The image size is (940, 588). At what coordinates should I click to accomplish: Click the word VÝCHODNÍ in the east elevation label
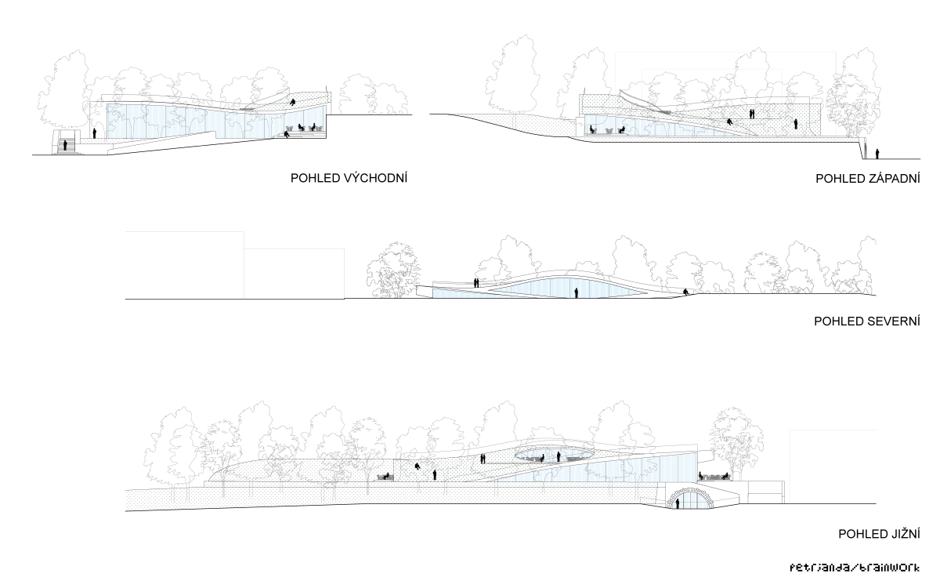point(375,178)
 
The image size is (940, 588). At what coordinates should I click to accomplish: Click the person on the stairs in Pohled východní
point(65,146)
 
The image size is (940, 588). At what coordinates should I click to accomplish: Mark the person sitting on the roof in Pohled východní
point(292,102)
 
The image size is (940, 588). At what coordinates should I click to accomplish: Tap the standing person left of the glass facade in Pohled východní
point(95,133)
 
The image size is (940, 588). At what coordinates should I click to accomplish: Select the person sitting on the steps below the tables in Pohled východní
point(287,134)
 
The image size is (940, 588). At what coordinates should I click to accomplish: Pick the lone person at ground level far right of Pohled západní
point(877,154)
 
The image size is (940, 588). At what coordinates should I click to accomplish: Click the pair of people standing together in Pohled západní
point(752,114)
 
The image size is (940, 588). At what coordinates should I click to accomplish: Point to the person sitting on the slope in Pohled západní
point(730,122)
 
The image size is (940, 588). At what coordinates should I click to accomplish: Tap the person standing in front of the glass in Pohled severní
point(577,292)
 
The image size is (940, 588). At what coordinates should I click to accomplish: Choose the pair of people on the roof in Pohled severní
point(476,283)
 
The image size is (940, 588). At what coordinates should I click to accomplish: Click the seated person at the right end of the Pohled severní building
point(685,292)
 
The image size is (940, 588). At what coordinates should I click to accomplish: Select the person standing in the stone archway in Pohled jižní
point(678,503)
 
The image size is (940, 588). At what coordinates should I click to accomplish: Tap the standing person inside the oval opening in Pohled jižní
point(559,456)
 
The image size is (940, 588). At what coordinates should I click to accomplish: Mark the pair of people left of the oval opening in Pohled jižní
point(483,459)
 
